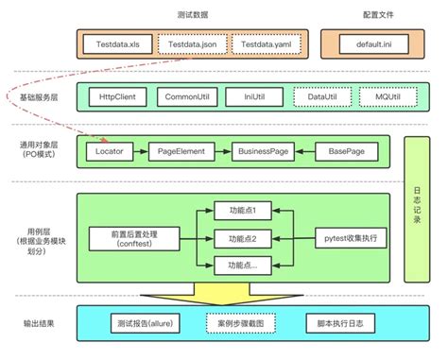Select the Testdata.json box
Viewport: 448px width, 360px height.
point(192,43)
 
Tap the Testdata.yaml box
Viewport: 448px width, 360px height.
point(267,43)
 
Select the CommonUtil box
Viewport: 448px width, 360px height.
point(189,97)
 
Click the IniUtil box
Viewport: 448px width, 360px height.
point(253,97)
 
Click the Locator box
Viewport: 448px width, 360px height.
point(109,151)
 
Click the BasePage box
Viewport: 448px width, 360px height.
point(346,151)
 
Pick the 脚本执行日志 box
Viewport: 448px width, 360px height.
point(341,324)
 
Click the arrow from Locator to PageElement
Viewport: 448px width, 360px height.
point(140,151)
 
